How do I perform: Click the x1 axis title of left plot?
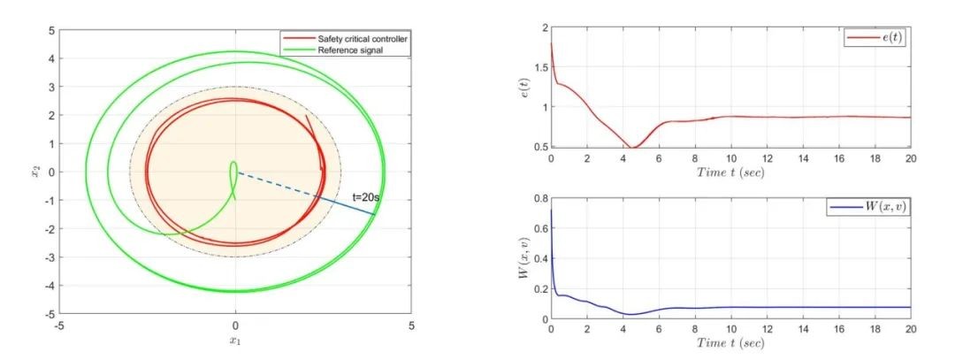pyautogui.click(x=235, y=341)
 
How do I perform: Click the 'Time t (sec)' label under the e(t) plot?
pyautogui.click(x=730, y=172)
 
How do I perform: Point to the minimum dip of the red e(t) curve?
pyautogui.click(x=633, y=147)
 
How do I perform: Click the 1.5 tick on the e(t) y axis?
pyautogui.click(x=538, y=67)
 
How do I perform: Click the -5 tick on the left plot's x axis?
pyautogui.click(x=59, y=326)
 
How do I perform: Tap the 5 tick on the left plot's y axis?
pyautogui.click(x=51, y=31)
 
